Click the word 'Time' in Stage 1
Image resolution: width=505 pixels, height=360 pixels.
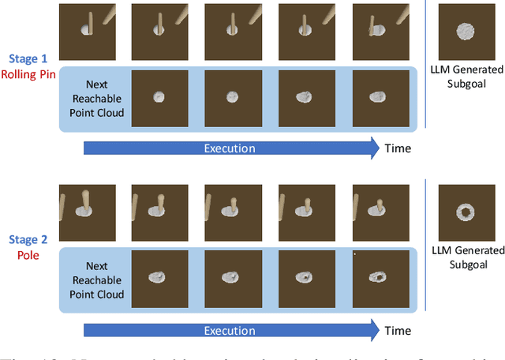tap(398, 148)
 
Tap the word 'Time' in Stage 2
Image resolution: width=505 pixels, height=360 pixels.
tap(398, 329)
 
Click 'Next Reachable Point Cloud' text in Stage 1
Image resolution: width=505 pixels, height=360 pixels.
tap(92, 98)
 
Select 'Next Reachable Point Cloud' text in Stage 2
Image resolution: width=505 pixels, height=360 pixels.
tap(92, 279)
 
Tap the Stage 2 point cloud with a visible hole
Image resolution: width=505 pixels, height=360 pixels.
tap(380, 276)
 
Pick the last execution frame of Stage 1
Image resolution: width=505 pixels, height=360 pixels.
tap(380, 29)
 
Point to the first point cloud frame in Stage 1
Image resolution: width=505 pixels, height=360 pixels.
tap(159, 97)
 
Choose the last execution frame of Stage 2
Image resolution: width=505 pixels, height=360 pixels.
tap(380, 210)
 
